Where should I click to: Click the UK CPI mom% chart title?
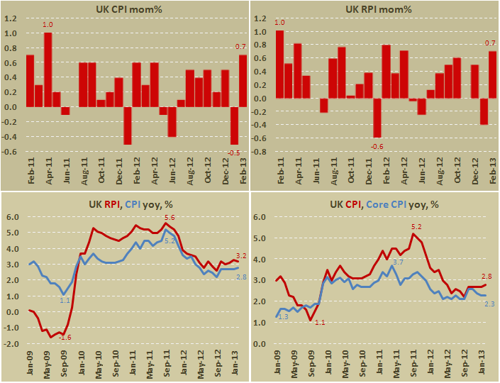(125, 9)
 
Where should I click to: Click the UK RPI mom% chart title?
(373, 9)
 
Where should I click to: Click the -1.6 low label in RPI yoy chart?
(65, 337)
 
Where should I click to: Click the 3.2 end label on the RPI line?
(240, 255)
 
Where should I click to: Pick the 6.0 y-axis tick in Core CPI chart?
(259, 218)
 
